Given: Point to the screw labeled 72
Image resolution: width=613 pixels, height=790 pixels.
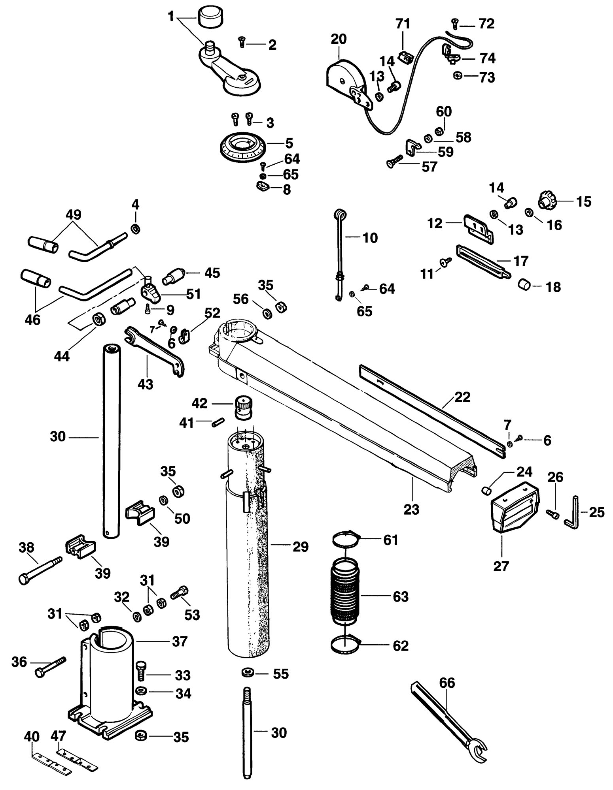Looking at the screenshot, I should tap(455, 25).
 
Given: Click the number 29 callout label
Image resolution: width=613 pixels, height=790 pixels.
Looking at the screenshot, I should tap(300, 547).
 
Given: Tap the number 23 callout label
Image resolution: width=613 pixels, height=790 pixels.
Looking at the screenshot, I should tap(411, 509).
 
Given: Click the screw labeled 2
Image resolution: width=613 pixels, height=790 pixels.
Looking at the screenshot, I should tap(242, 41).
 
